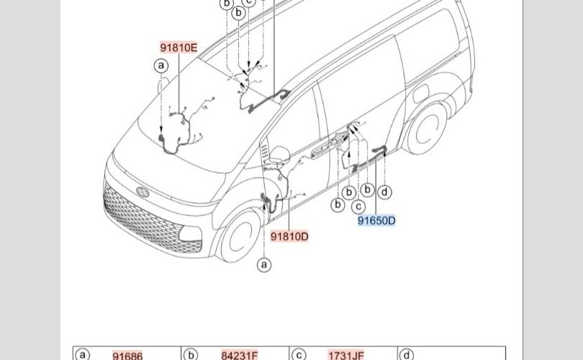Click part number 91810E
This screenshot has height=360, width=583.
[x=178, y=48]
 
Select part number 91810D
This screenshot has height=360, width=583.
[x=290, y=236]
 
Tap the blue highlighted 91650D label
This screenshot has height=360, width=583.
[x=376, y=220]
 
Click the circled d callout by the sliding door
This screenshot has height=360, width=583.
[x=386, y=192]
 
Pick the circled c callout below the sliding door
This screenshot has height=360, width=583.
[x=358, y=206]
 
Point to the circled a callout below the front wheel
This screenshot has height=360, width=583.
[x=265, y=265]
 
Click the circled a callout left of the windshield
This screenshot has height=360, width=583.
[x=162, y=66]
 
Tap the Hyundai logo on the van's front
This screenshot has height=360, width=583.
[x=143, y=192]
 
